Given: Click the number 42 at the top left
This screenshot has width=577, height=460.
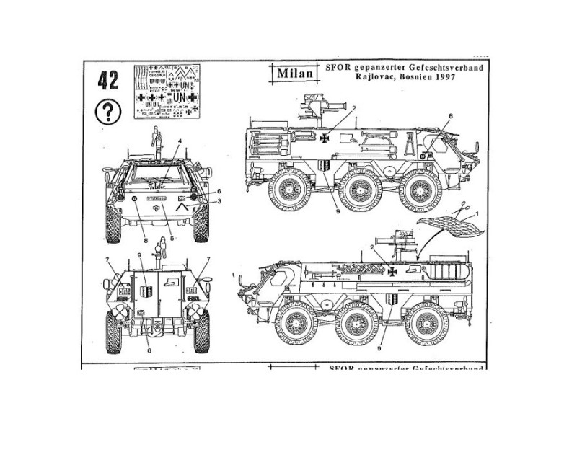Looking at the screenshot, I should (107, 80).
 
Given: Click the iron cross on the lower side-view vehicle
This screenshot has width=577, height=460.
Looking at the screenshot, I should (392, 272).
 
